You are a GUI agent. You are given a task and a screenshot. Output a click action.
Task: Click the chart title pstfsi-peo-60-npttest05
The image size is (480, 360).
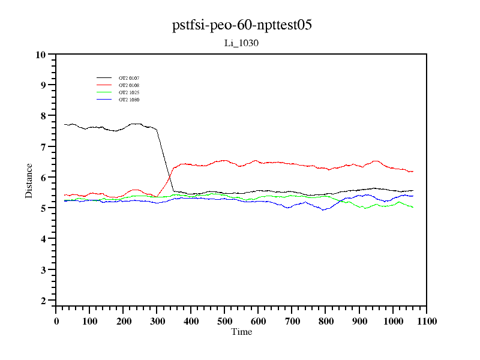click(x=241, y=25)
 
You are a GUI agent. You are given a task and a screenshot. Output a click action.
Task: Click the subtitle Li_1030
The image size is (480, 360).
click(x=241, y=43)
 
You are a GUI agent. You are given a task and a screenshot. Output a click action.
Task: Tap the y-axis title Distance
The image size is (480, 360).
click(x=29, y=179)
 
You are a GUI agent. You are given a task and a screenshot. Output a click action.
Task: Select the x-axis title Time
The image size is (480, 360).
click(x=241, y=332)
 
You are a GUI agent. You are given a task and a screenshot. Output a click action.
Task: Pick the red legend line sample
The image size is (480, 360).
click(x=104, y=85)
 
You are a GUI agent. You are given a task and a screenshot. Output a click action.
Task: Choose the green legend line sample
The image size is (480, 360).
click(x=104, y=92)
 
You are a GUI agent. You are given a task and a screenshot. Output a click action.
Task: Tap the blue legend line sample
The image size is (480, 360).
click(x=104, y=100)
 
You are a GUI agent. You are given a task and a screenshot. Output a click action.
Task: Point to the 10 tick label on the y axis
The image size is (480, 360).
click(x=41, y=55)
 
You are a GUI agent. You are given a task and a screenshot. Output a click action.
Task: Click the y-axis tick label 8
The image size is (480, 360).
click(x=43, y=116)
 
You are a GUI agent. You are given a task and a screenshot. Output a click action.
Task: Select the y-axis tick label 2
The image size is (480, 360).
click(x=43, y=301)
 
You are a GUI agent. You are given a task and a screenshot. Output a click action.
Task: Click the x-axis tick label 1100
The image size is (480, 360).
click(x=426, y=321)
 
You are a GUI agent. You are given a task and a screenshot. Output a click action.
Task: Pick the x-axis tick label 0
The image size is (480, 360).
click(x=56, y=321)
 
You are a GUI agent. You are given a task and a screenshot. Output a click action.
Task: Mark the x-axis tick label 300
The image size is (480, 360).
click(x=157, y=321)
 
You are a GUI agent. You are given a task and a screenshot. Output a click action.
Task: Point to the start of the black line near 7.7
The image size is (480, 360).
click(x=65, y=124)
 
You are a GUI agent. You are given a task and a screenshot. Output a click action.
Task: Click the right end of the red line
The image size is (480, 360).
click(x=413, y=172)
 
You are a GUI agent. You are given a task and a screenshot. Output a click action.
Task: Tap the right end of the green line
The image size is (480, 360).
click(x=413, y=207)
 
